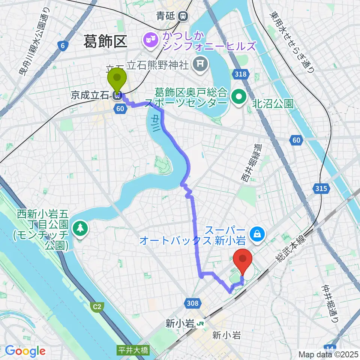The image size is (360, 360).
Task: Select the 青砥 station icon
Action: (x=183, y=16)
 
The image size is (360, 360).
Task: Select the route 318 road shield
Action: (x=240, y=74)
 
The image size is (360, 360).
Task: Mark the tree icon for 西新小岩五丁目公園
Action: (x=79, y=228)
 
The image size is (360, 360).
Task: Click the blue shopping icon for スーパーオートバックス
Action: (x=258, y=235)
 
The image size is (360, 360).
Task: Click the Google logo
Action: (x=25, y=351)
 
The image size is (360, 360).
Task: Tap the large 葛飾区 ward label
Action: (x=106, y=41)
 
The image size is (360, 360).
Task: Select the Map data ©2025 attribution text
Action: (x=328, y=354)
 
